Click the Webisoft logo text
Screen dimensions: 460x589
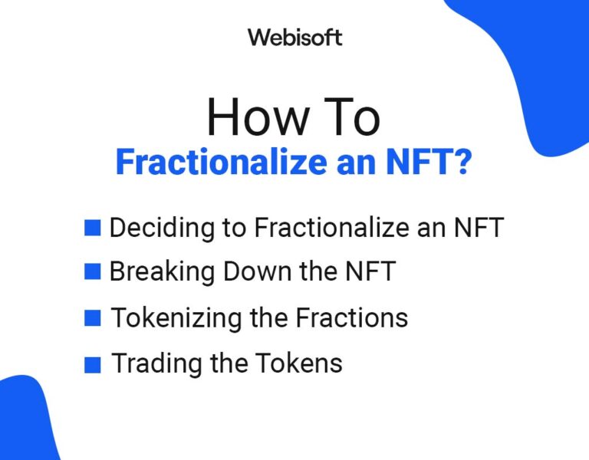coord(294,37)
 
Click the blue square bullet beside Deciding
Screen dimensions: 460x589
coord(93,228)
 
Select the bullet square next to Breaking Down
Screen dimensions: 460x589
coord(93,271)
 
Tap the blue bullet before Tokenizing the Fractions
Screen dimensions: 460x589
coord(93,317)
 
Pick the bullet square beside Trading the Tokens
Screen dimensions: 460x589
coord(93,364)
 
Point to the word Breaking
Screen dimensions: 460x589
coord(155,271)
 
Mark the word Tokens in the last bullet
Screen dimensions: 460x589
coord(304,363)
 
